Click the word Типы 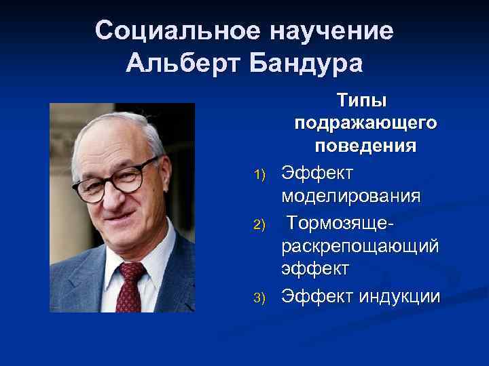click(361, 100)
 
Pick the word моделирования click(351, 196)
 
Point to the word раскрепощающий click(360, 245)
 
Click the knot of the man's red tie click(132, 272)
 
